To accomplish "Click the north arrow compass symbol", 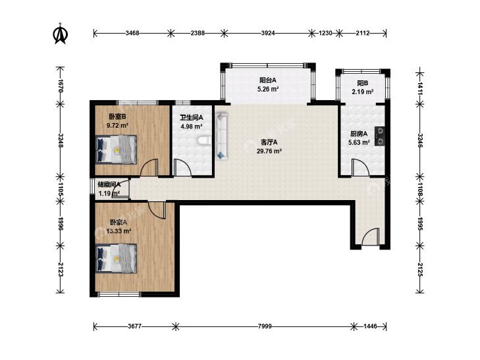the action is (61, 34).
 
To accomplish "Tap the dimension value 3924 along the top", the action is (268, 33).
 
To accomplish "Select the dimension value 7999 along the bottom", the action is (265, 326).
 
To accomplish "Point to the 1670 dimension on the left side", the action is (61, 86).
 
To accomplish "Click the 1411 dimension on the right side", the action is (419, 88).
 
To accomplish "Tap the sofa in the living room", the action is (222, 136).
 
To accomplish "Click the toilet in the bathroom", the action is (203, 141).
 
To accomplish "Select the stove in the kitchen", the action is (380, 136).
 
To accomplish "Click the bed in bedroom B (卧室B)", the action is (116, 149).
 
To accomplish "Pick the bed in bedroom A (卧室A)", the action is (116, 259).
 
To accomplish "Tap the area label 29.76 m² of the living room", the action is (269, 151).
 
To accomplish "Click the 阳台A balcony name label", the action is (268, 80).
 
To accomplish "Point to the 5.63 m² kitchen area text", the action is (359, 143).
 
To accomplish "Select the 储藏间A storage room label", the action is (109, 184).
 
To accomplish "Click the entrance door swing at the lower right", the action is (371, 236).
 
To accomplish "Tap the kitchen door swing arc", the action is (360, 167).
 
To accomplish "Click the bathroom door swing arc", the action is (182, 168).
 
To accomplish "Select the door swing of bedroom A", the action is (157, 210).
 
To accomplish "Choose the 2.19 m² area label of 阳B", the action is (362, 91).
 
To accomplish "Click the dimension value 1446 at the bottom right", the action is (370, 326).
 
